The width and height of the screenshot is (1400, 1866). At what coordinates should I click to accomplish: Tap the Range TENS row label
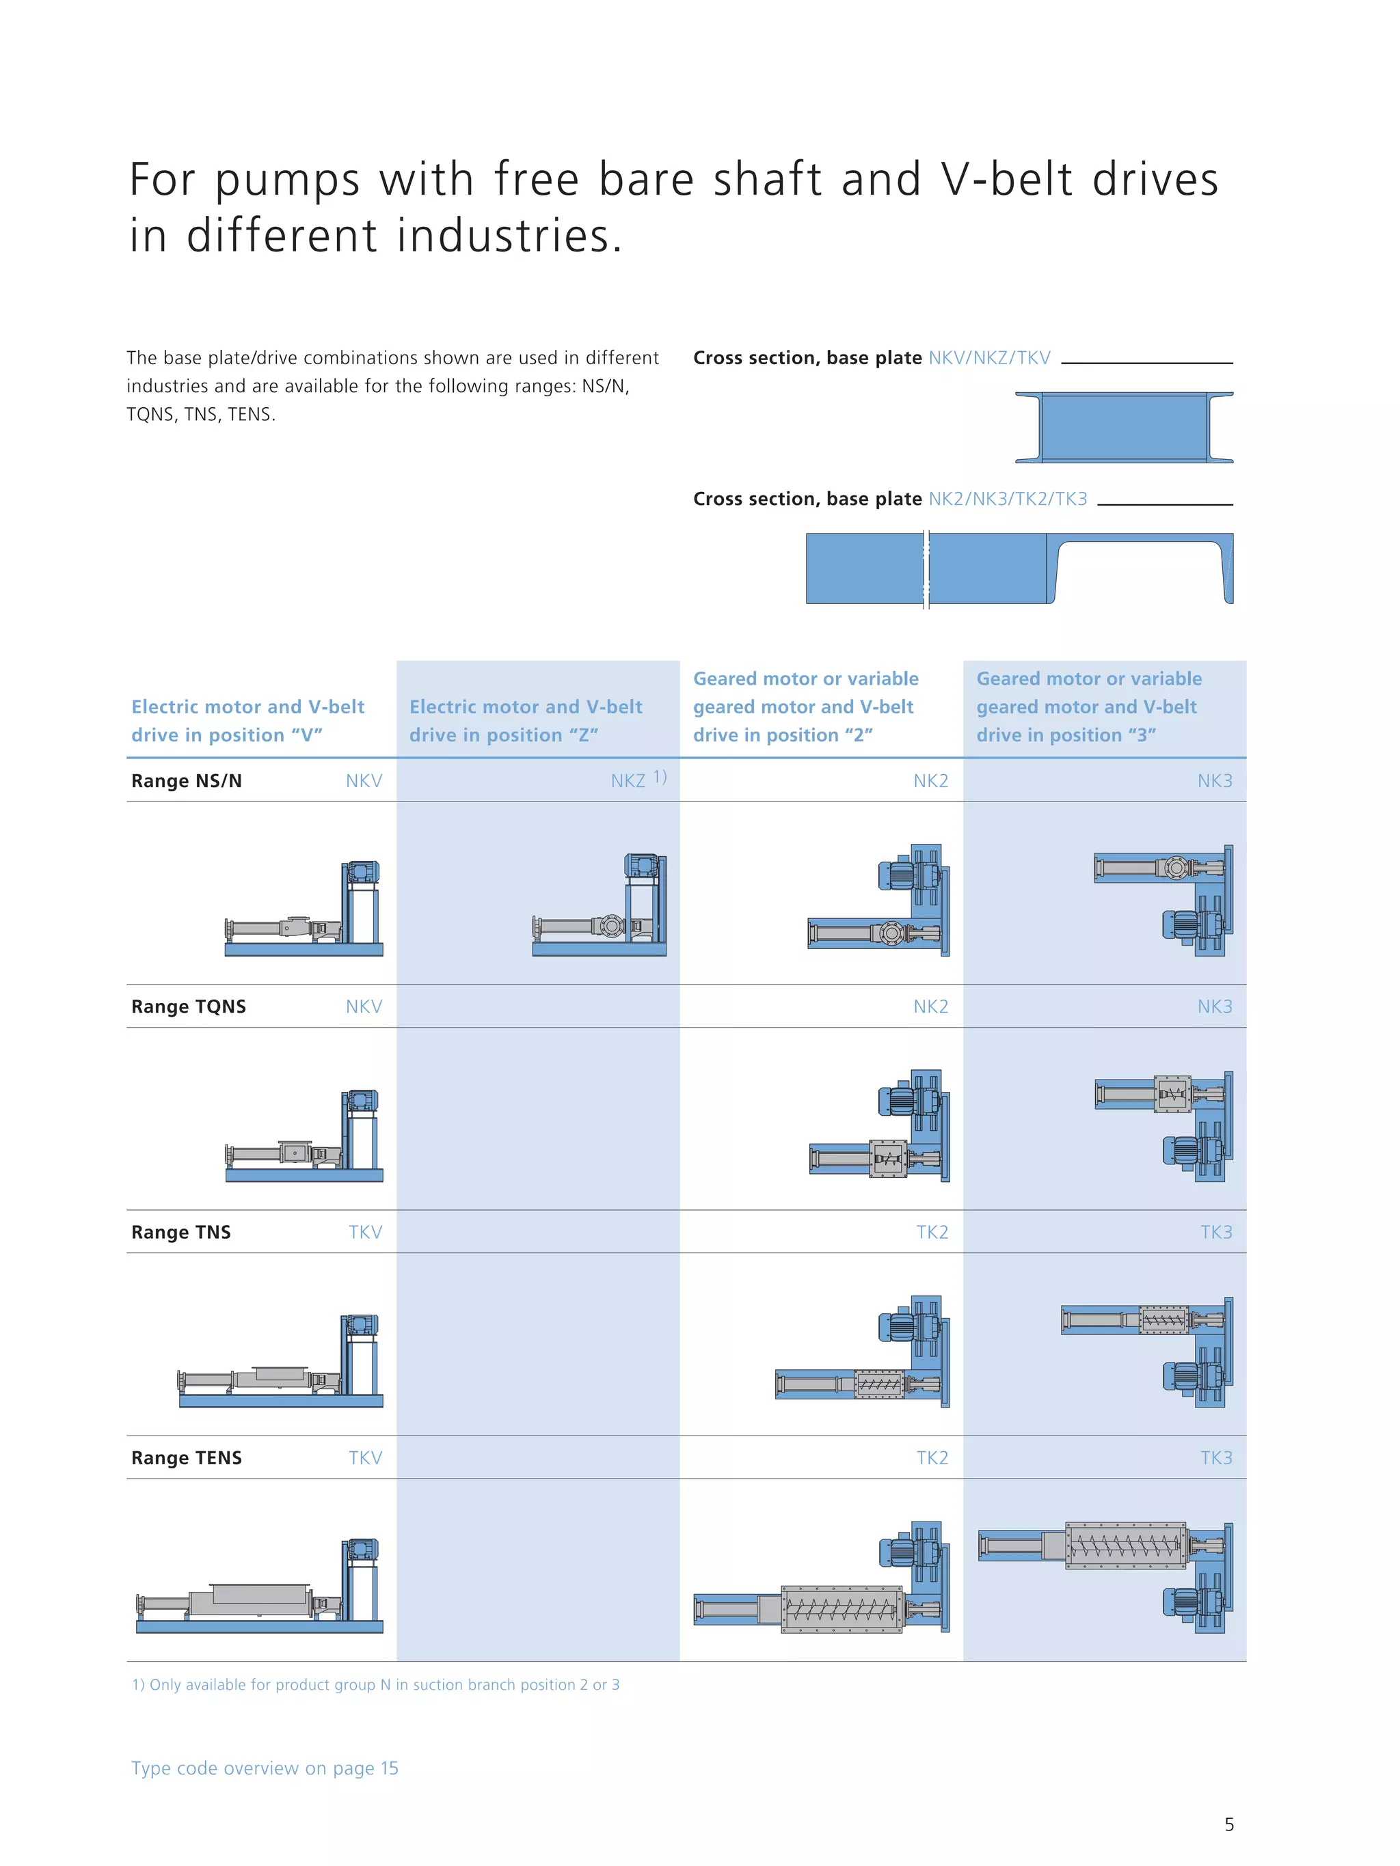187,1457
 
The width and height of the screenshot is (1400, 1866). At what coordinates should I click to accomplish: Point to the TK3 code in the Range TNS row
1216,1233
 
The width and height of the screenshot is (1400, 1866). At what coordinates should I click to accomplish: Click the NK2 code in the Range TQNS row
931,1006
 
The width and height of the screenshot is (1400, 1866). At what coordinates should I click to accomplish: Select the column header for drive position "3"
1088,707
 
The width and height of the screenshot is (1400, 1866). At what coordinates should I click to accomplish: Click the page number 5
1228,1825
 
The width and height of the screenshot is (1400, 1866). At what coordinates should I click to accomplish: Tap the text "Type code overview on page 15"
264,1768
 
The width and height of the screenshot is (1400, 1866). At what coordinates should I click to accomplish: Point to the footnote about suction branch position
375,1685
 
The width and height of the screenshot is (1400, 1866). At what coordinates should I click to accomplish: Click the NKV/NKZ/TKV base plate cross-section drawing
1124,428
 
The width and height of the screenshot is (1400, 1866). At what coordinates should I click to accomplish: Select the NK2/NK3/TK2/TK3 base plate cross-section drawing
1019,568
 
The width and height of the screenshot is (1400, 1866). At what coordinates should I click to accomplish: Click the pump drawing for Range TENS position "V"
259,1586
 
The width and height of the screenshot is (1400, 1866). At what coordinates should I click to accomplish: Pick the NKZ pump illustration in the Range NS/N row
599,905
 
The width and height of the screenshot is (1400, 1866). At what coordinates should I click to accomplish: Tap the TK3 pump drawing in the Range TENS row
1105,1578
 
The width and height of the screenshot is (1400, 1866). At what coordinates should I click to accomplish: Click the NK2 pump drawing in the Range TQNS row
878,1126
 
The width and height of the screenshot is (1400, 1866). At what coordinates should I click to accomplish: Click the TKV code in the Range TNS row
366,1233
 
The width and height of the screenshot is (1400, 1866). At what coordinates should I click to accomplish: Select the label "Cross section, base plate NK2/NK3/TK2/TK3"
889,499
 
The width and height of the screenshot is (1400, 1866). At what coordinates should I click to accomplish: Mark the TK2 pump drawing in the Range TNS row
863,1352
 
